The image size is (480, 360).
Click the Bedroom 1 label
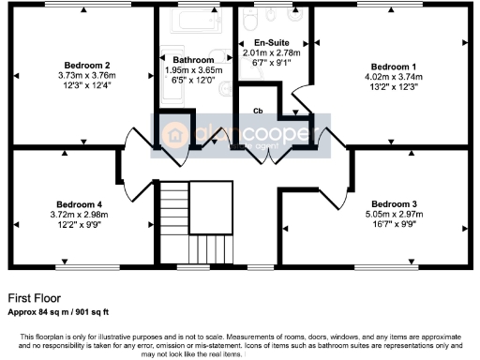[x=391, y=67]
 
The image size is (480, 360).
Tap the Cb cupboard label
[x=258, y=110]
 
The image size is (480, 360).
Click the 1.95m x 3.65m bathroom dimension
[x=194, y=70]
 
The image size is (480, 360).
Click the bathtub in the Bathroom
[x=198, y=21]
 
